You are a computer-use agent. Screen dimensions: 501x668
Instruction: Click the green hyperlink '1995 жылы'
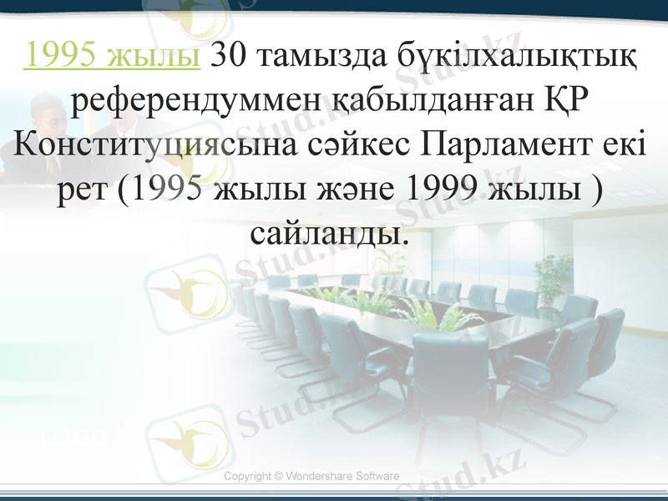tap(113, 56)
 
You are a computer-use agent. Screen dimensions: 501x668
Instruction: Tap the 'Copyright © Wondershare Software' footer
tap(311, 476)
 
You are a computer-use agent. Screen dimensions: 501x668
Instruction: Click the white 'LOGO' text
tap(76, 437)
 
